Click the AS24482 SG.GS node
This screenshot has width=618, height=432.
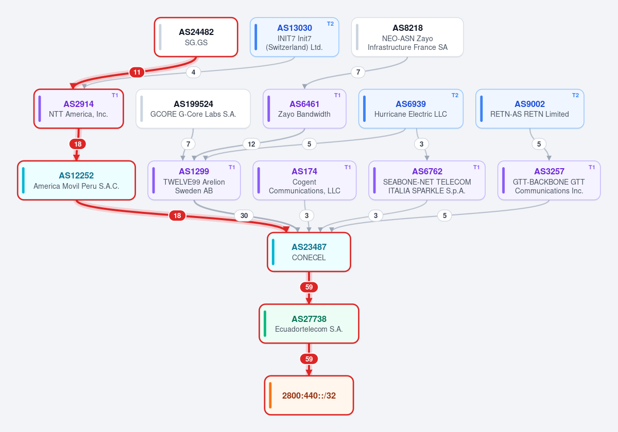[196, 37]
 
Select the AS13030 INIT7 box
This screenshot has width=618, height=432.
[295, 37]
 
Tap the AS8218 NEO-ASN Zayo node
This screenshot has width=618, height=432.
[407, 37]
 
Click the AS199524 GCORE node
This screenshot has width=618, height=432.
[193, 109]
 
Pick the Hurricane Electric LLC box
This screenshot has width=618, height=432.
[411, 109]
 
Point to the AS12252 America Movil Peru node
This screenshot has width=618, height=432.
[76, 181]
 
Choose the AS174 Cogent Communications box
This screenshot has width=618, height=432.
[304, 181]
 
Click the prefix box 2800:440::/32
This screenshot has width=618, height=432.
[309, 395]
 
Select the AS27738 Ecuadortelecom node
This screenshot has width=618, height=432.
[309, 323]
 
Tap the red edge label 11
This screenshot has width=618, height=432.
[137, 72]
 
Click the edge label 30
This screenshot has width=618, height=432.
[244, 215]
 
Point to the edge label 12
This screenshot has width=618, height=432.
[251, 144]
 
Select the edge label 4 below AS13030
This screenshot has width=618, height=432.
[194, 72]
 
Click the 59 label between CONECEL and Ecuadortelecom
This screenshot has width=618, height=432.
[309, 287]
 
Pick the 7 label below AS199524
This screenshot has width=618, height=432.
[188, 144]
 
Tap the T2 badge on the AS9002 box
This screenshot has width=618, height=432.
[576, 95]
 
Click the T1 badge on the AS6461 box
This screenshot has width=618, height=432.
[337, 95]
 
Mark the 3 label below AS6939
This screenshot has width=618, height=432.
[422, 144]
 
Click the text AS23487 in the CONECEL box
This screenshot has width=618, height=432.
[309, 247]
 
